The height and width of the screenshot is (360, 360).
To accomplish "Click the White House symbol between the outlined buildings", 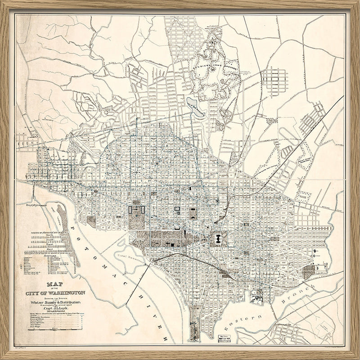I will point(137,209).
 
